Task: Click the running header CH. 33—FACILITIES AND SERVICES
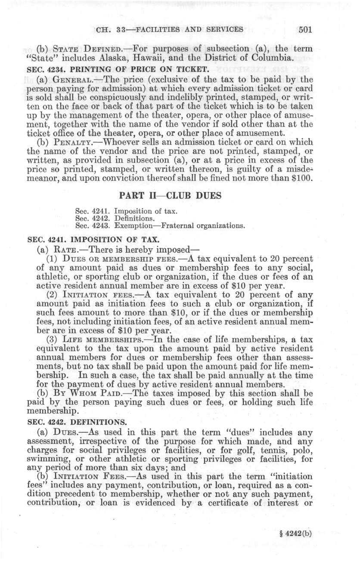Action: tap(171, 30)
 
